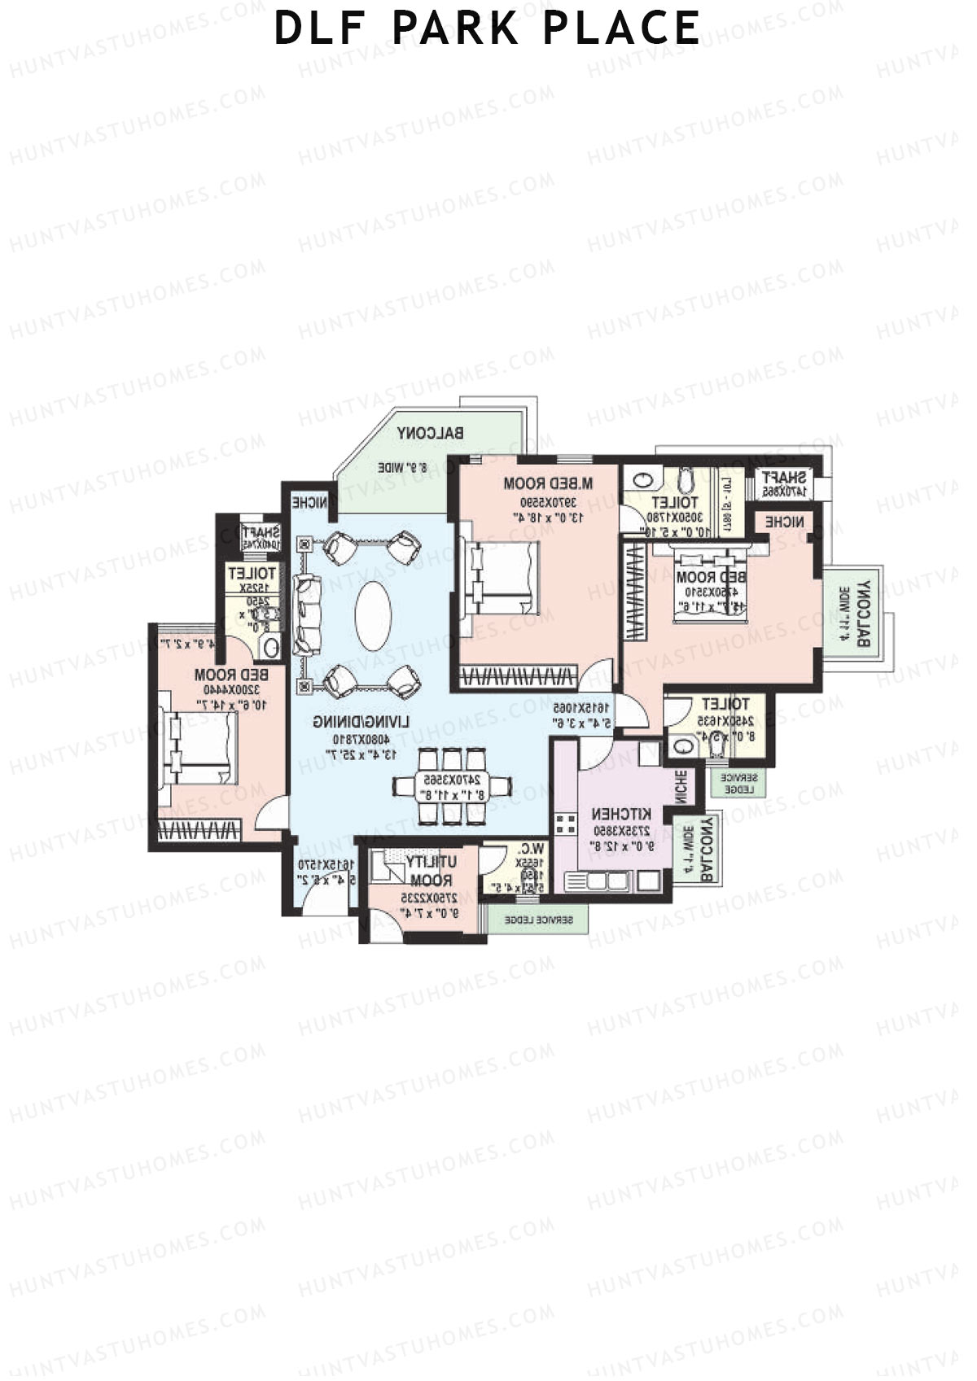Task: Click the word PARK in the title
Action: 455,28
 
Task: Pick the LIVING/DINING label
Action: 363,723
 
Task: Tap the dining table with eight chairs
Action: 452,787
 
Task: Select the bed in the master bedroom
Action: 501,579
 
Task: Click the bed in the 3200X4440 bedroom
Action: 200,749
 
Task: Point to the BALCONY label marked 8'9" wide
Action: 431,435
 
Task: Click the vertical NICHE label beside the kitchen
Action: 681,786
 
